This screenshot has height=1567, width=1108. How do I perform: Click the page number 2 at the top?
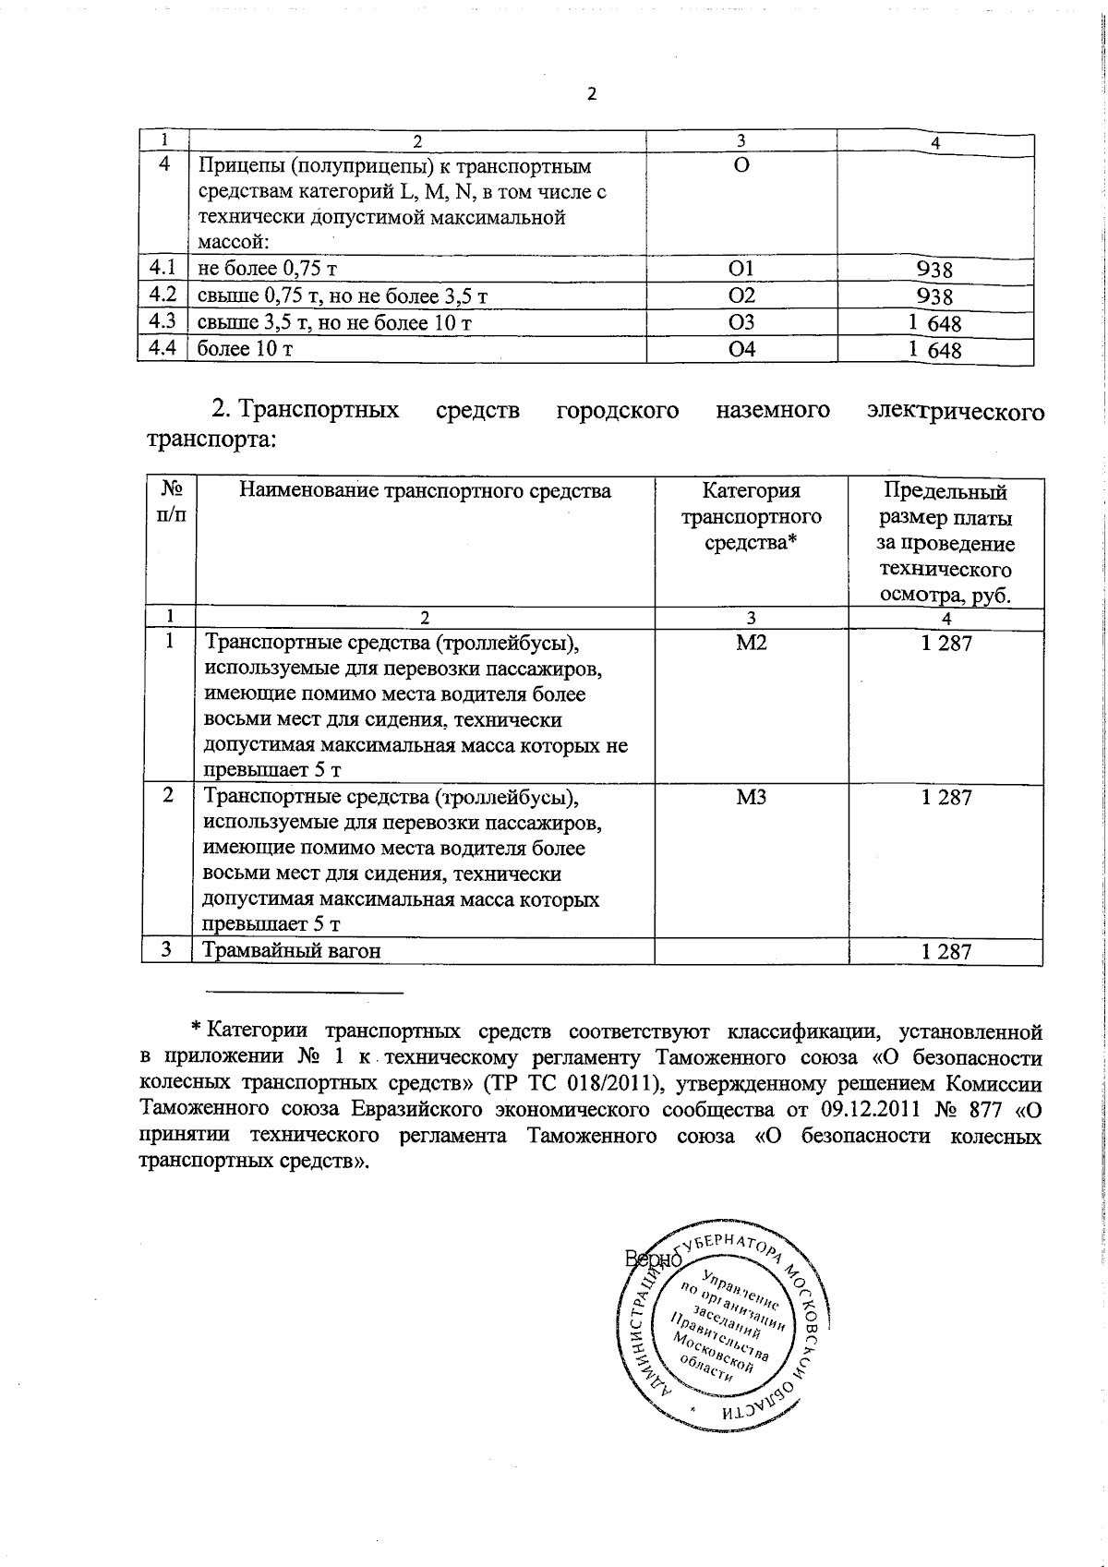coord(592,93)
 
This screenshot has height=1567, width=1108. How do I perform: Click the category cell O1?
coord(741,269)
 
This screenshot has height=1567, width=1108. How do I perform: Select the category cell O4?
coord(741,349)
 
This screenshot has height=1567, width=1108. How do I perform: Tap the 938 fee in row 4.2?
coord(934,296)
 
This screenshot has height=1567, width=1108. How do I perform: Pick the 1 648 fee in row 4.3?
coord(934,323)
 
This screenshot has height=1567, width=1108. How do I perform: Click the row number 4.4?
coord(163,349)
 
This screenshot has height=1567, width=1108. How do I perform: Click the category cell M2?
coord(752,643)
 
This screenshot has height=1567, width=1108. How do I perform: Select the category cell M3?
coord(752,798)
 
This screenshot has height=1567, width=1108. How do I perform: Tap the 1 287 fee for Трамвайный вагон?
coord(946,952)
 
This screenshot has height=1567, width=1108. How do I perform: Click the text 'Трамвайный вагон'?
coord(292,951)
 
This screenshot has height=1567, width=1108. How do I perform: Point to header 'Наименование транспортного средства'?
coord(425,491)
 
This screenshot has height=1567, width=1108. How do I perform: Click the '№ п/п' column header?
coord(172,501)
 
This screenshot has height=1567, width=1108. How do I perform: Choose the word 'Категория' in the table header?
coord(751,491)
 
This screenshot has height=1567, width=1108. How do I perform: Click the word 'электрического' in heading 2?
coord(956,410)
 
